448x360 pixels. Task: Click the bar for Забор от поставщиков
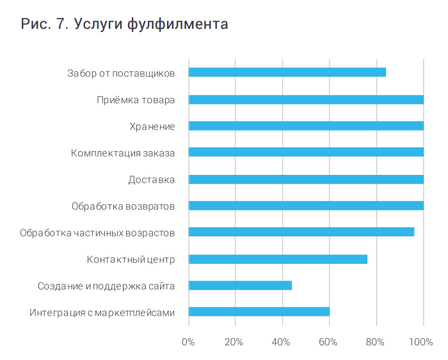coord(287,72)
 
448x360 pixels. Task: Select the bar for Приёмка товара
coord(306,99)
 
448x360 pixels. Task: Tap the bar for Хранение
coord(306,126)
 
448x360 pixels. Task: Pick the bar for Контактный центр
coord(278,259)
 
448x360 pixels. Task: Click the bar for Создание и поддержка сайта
coord(240,286)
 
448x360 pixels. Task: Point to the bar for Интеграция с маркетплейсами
coord(259,312)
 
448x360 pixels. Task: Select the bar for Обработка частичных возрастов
coord(301,232)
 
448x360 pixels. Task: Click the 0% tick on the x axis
coord(188,341)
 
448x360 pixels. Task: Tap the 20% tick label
coord(234,341)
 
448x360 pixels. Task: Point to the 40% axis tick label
coord(281,341)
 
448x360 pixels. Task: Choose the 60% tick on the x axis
coord(328,341)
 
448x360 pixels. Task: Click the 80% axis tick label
coord(375,341)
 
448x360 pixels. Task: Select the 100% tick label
coord(420,341)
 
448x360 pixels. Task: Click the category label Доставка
coord(151,179)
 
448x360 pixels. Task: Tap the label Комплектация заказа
coord(123,152)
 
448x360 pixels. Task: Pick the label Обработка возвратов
coord(123,206)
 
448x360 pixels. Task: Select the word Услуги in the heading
coord(97,25)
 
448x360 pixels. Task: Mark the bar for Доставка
coord(306,179)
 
